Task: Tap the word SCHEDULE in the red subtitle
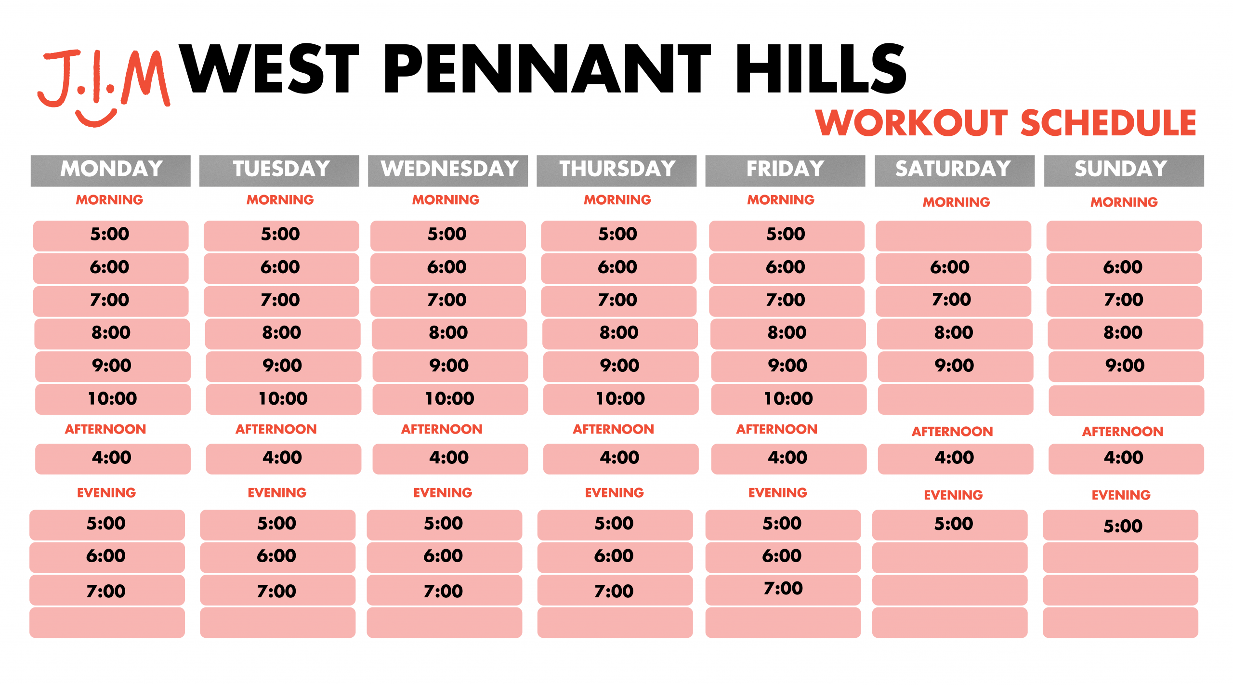(x=1108, y=123)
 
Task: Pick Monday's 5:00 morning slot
(x=111, y=236)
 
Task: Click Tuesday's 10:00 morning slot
(x=283, y=399)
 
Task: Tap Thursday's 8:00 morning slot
(x=620, y=333)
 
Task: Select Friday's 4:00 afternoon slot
(x=788, y=459)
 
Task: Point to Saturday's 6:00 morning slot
(x=953, y=268)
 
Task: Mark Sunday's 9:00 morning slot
(x=1126, y=366)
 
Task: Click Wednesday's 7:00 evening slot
(x=444, y=590)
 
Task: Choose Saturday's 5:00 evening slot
(x=949, y=525)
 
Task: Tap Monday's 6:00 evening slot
(x=107, y=557)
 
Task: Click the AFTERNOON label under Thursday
(x=613, y=429)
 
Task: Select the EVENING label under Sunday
(x=1121, y=495)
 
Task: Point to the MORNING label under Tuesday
(x=280, y=200)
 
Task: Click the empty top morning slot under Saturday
(x=953, y=236)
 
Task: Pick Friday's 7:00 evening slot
(x=783, y=590)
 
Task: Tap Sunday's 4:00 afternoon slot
(x=1126, y=459)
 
